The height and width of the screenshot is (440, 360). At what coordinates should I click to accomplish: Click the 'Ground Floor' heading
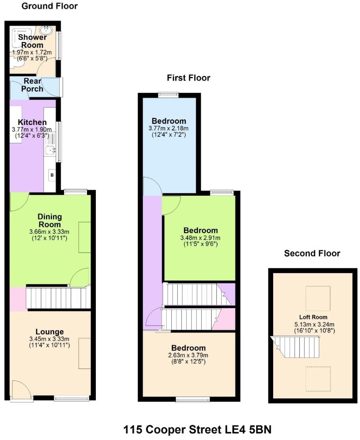[50, 6]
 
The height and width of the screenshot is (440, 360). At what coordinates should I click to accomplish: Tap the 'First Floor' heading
[188, 78]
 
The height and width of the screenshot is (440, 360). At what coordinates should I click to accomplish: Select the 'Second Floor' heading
[312, 253]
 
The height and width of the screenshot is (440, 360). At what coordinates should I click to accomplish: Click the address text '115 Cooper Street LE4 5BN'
[197, 430]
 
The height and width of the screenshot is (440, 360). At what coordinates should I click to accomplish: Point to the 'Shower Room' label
[32, 41]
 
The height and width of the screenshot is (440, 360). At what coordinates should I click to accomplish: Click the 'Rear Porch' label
[32, 85]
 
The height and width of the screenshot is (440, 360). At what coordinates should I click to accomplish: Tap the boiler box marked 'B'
[52, 175]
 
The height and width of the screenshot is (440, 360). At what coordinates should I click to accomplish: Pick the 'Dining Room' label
[50, 220]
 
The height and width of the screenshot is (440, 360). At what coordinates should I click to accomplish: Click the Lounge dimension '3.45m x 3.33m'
[49, 339]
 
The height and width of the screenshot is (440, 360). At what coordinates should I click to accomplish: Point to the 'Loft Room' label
[313, 317]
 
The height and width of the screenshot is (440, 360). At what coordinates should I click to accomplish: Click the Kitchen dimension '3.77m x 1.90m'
[32, 130]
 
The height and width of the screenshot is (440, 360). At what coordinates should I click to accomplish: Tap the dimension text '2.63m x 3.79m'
[188, 355]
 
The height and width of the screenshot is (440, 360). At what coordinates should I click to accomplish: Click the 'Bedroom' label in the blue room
[169, 121]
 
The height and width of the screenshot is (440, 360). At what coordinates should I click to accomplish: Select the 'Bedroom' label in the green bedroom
[200, 230]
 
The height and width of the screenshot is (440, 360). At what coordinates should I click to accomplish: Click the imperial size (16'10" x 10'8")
[314, 330]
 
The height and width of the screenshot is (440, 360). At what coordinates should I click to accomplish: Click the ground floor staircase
[59, 298]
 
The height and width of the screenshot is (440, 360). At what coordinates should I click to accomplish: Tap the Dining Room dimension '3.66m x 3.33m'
[49, 232]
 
